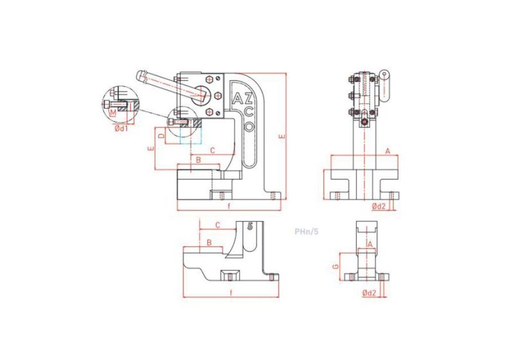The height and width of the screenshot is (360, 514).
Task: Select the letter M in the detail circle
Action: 114,113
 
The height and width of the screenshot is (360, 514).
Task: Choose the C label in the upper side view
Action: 213,150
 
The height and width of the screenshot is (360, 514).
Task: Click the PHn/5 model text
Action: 306,231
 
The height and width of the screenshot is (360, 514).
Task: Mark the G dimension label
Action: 335,265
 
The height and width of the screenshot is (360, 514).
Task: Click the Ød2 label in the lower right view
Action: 369,293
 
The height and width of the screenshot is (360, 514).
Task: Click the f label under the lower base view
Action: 230,293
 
